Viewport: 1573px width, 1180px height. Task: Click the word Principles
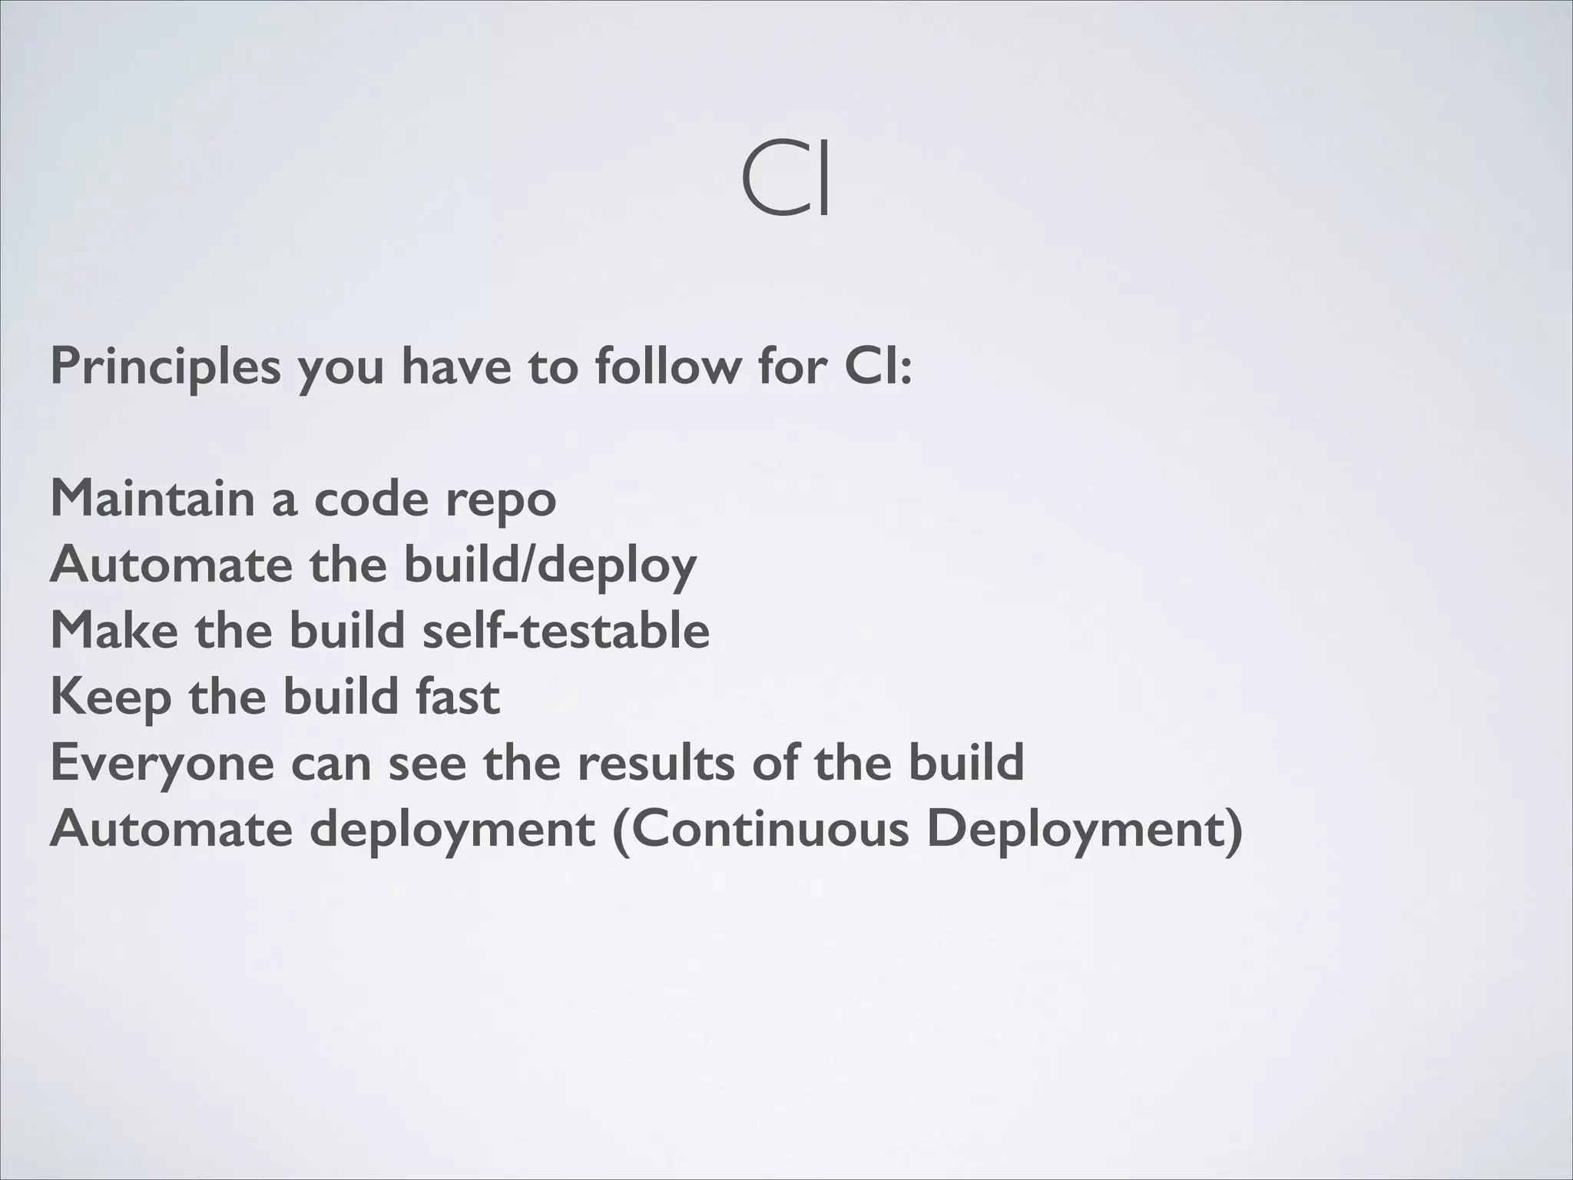point(166,368)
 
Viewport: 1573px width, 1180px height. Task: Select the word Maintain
point(152,499)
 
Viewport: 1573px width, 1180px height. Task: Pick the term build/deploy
point(550,566)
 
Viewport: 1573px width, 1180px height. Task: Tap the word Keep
point(111,698)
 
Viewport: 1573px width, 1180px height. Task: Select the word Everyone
point(162,764)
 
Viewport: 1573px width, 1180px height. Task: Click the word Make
point(114,631)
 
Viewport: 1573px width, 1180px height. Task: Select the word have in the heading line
point(456,366)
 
